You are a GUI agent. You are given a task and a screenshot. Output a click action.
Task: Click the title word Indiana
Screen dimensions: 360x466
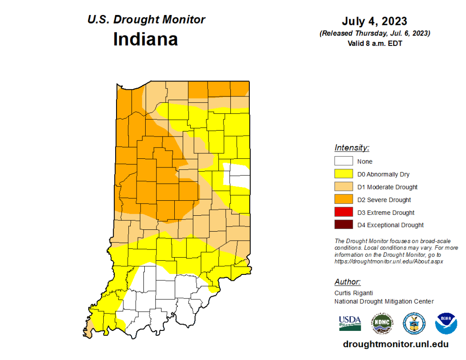click(x=145, y=39)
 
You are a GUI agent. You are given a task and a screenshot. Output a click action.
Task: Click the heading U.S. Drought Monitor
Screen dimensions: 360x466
click(x=146, y=20)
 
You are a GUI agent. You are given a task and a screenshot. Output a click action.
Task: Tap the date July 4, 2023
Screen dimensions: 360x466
click(x=375, y=21)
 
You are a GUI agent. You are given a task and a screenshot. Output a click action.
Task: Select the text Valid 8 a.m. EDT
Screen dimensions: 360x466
click(x=375, y=43)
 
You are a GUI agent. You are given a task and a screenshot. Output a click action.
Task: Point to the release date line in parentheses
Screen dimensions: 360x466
click(x=375, y=33)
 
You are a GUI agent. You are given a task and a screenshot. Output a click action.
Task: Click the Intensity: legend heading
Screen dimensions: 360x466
click(x=352, y=147)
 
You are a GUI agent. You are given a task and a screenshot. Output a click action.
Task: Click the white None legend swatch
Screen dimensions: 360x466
click(x=344, y=161)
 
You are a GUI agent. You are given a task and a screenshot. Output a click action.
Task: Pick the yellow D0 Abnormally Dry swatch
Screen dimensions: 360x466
click(x=344, y=174)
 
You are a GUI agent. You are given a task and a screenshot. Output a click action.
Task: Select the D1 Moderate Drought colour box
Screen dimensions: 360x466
click(x=344, y=187)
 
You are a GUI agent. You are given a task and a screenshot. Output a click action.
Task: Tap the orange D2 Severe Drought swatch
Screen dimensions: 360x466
click(x=344, y=199)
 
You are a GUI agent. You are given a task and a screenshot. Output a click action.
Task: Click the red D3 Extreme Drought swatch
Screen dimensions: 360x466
click(x=344, y=212)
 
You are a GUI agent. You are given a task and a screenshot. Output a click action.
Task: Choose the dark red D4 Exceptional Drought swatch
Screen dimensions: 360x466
click(x=344, y=225)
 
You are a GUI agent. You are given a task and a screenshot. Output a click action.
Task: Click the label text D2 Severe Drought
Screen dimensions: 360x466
click(x=384, y=200)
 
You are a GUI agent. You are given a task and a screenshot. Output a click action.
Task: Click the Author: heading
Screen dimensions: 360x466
click(x=348, y=281)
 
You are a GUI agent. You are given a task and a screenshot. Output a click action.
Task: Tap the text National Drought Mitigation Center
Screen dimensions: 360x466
click(x=384, y=301)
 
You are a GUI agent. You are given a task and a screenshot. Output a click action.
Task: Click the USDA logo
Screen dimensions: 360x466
click(x=350, y=323)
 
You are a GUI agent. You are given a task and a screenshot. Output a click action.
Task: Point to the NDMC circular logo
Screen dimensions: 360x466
click(x=382, y=323)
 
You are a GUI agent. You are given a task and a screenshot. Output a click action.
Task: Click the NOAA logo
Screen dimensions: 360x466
click(x=446, y=323)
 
